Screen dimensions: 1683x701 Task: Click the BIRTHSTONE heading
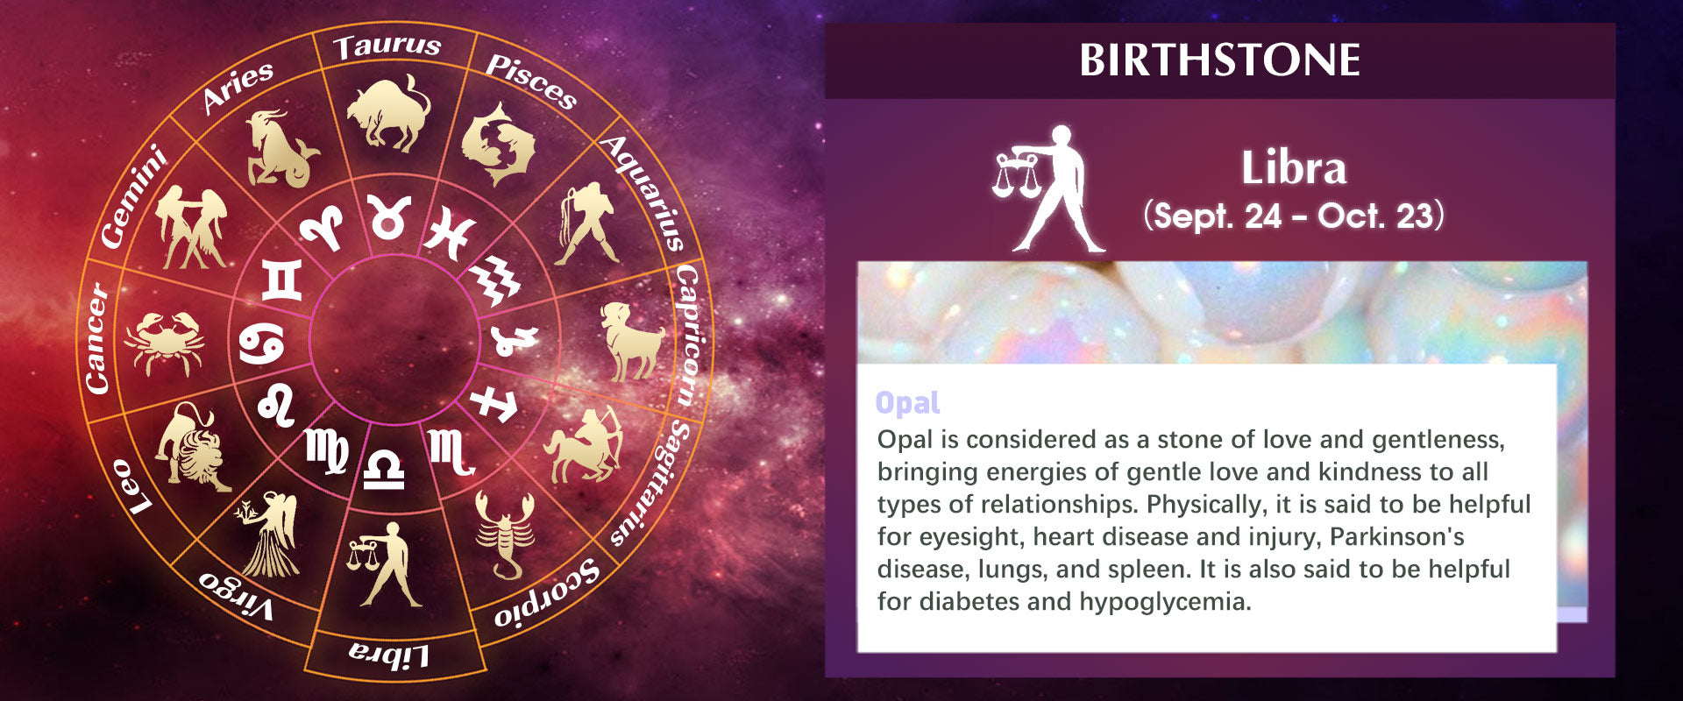1219,60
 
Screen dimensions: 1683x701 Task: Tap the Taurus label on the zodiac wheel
387,46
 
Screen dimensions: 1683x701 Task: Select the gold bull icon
389,112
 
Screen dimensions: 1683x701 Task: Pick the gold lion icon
191,446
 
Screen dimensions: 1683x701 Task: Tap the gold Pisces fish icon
497,143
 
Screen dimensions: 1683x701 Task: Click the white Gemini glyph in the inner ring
282,280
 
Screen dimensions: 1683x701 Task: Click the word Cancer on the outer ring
98,337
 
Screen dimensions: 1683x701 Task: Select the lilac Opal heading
907,403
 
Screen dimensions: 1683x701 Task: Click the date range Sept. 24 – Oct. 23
1293,216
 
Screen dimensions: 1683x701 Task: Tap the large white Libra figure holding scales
1048,188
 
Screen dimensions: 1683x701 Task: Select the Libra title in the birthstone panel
1294,167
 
